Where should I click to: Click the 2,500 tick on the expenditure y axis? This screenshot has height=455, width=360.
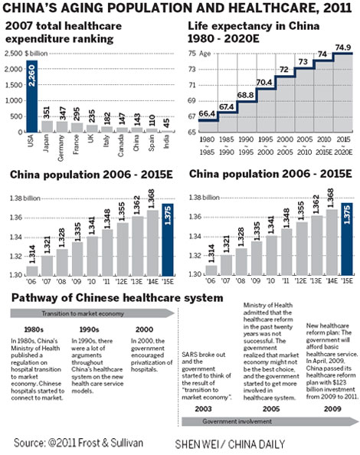[x=13, y=54]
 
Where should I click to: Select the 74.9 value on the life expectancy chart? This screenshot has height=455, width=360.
[x=343, y=46]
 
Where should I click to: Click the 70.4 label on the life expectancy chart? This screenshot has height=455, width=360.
[x=264, y=83]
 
